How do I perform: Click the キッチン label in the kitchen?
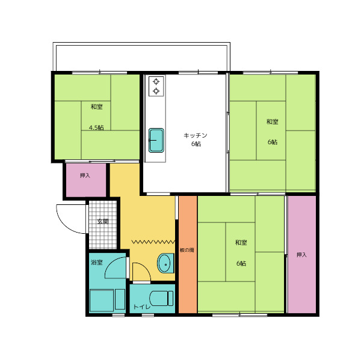click(x=195, y=135)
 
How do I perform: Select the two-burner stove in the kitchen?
click(x=156, y=87)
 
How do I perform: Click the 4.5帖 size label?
click(x=96, y=127)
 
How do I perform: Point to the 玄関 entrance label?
click(x=103, y=222)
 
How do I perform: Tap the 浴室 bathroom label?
click(x=97, y=262)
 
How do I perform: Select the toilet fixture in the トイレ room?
click(x=161, y=298)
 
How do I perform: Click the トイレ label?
click(x=142, y=307)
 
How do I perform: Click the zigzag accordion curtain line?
click(x=153, y=242)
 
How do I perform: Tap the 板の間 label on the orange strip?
click(x=187, y=250)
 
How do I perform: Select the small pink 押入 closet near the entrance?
click(x=86, y=180)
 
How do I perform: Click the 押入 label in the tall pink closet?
click(x=301, y=255)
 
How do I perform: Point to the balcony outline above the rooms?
click(x=141, y=44)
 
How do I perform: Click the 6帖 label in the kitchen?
click(x=196, y=144)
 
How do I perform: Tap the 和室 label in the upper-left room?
click(x=96, y=107)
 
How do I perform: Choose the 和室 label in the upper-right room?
click(x=273, y=121)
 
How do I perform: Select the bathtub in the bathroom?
click(x=102, y=300)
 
